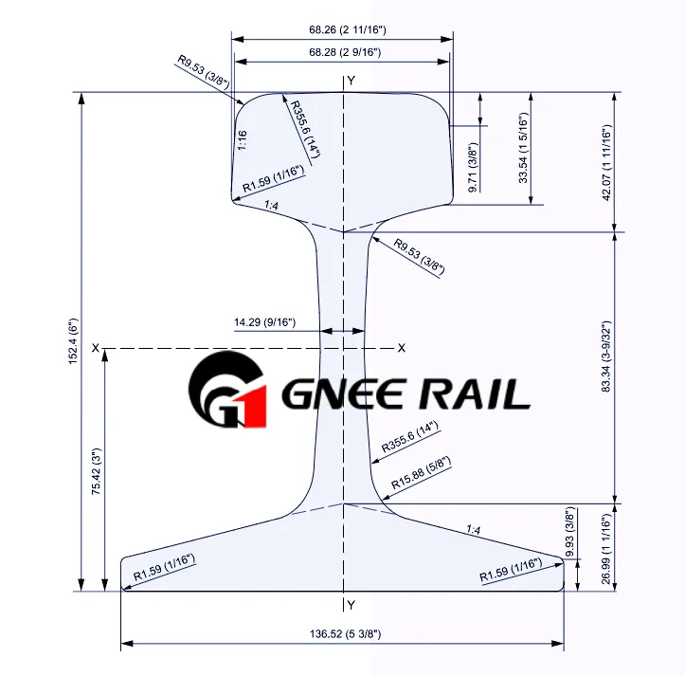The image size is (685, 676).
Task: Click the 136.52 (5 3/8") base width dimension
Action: [x=345, y=633]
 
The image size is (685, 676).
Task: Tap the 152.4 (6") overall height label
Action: [x=73, y=341]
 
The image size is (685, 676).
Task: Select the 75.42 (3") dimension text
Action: [x=96, y=471]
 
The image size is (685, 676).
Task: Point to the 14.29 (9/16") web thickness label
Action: [x=264, y=322]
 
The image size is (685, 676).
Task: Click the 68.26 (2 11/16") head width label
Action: [x=348, y=29]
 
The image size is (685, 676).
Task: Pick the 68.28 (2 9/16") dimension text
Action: [x=345, y=52]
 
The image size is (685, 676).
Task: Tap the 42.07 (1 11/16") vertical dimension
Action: [x=606, y=163]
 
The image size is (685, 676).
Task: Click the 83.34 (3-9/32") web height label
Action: [x=606, y=356]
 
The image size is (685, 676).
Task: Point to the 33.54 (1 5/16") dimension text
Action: [x=523, y=148]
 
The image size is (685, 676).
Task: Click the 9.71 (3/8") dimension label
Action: [x=473, y=167]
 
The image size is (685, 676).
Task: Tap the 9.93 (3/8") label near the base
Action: [x=569, y=532]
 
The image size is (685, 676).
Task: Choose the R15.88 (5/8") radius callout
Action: [x=421, y=473]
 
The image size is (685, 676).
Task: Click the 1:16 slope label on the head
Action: [x=242, y=140]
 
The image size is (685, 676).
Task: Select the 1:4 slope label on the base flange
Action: [x=473, y=530]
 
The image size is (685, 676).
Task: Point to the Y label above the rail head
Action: [x=352, y=81]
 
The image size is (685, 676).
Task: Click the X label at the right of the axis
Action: [x=402, y=348]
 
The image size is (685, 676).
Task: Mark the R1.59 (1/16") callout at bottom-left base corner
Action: [x=164, y=568]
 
